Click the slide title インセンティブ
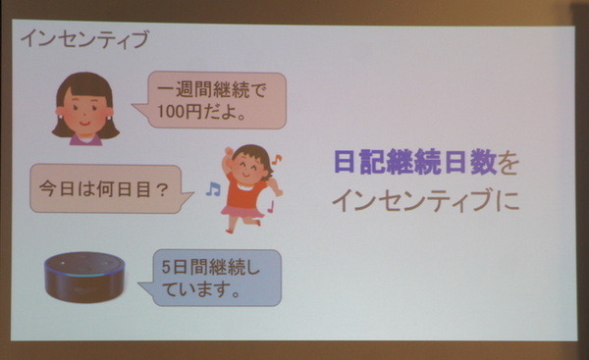pyautogui.click(x=84, y=39)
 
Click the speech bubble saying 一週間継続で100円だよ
pyautogui.click(x=211, y=100)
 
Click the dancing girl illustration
pyautogui.click(x=245, y=186)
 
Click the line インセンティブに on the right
pyautogui.click(x=424, y=201)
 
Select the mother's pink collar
pyautogui.click(x=84, y=137)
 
